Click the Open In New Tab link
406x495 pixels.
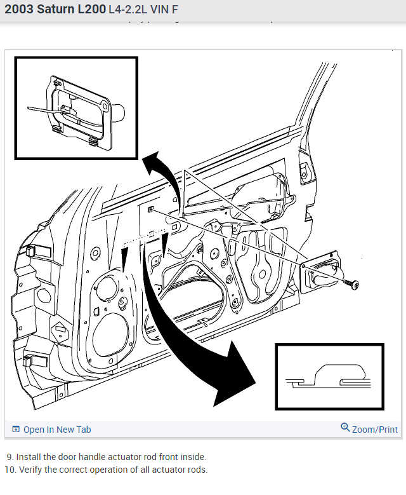[x=57, y=430]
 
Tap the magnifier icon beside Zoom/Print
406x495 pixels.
[x=345, y=428]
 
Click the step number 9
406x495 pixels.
[x=10, y=457]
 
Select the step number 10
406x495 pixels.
[x=10, y=470]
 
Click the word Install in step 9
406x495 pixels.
[x=29, y=457]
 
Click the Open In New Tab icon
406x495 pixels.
[x=16, y=430]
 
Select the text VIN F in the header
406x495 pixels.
[x=164, y=11]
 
